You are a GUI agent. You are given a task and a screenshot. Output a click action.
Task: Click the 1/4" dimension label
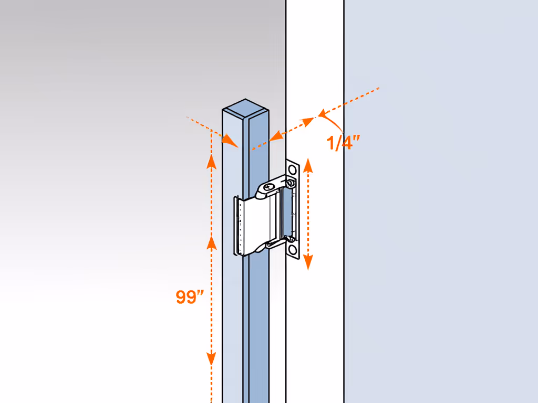(x=343, y=143)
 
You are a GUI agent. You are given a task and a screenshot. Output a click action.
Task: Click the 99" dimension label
(x=190, y=297)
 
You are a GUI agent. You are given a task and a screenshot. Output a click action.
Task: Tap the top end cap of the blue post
(x=245, y=109)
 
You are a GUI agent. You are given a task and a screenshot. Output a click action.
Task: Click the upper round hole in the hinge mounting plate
(x=292, y=169)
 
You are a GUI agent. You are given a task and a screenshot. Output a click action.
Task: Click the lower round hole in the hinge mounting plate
(x=292, y=249)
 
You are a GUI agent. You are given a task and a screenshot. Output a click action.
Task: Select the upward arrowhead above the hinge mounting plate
(x=308, y=166)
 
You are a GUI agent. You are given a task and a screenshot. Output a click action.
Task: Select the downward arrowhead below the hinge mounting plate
(x=308, y=262)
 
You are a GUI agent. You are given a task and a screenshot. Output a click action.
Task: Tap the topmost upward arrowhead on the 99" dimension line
(x=211, y=161)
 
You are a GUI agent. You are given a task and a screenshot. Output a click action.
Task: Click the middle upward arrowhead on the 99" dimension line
(x=211, y=242)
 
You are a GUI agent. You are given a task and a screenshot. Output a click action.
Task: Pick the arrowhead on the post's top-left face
(x=231, y=141)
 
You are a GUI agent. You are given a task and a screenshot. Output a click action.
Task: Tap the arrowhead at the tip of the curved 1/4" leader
(x=322, y=113)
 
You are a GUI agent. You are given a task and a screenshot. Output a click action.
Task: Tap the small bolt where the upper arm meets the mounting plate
(x=291, y=183)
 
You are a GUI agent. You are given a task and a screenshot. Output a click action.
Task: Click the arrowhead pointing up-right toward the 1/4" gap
(x=307, y=122)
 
